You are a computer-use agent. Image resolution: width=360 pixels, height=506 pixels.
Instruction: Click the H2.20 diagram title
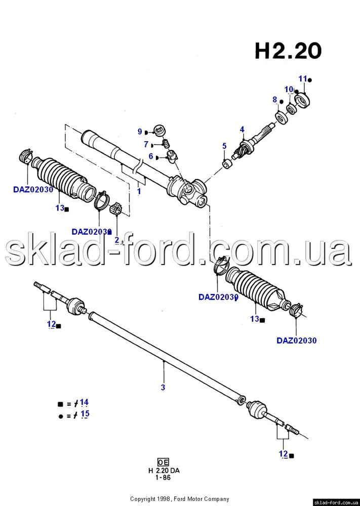point(288,51)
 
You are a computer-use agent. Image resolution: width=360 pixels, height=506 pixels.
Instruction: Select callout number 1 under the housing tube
point(139,192)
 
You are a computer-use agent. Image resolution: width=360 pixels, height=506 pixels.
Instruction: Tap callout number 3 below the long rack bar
point(163,388)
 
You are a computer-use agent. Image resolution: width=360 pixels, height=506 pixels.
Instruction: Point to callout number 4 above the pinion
point(242,129)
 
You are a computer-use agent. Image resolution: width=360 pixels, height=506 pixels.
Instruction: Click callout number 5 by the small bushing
point(224,146)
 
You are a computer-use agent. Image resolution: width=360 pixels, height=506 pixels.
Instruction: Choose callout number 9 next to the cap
point(140,132)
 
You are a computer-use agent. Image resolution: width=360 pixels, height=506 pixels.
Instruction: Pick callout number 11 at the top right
point(303,78)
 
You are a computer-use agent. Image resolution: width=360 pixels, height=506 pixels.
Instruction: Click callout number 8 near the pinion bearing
point(275,100)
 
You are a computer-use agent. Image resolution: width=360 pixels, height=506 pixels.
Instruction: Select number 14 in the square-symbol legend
point(84,402)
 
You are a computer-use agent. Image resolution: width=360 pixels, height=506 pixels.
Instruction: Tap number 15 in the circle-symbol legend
point(85,413)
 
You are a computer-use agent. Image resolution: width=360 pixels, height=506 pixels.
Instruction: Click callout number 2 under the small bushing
point(117,239)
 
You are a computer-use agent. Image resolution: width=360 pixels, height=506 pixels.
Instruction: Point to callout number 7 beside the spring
point(146,144)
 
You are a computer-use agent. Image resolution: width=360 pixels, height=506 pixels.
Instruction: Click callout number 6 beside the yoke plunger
point(151,157)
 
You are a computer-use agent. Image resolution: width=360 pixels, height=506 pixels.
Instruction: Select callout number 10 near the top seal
point(289,90)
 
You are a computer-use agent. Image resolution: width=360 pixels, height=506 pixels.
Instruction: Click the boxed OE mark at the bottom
point(163,462)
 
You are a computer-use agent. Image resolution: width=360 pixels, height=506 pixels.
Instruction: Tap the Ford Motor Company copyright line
point(180,499)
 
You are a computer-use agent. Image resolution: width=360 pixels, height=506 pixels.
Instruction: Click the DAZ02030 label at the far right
point(296,341)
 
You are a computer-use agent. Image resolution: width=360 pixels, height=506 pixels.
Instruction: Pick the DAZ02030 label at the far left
point(33,190)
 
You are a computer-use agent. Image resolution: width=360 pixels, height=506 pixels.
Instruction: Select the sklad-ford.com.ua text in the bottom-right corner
point(336,502)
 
